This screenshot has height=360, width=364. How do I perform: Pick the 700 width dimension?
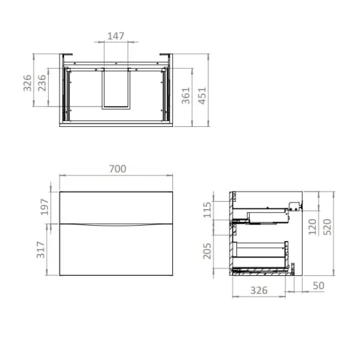point(117,169)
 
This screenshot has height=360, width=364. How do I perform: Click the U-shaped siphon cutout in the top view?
point(116,87)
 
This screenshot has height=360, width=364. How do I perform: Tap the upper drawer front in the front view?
point(117,206)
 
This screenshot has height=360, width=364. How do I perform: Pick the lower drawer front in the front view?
point(117,250)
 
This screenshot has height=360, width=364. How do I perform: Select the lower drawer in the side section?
point(262,252)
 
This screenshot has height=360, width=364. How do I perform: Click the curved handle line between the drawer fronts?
point(117,222)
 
